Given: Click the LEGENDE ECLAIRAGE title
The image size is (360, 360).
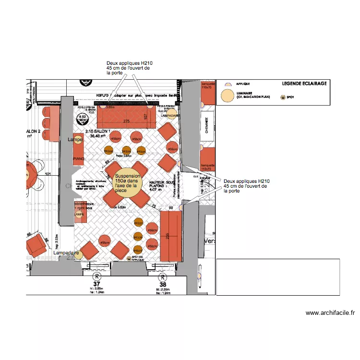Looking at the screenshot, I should (x=304, y=84).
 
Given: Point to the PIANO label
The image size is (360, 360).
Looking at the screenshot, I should (x=79, y=158).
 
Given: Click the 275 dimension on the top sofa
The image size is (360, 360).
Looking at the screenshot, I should (x=127, y=121).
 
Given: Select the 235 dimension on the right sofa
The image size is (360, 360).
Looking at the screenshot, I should (x=168, y=235).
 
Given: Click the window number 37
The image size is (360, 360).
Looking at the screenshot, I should (x=97, y=284).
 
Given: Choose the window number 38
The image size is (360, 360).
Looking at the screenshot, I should (x=164, y=284).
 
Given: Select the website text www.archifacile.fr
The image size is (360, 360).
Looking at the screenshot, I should (x=330, y=313).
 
